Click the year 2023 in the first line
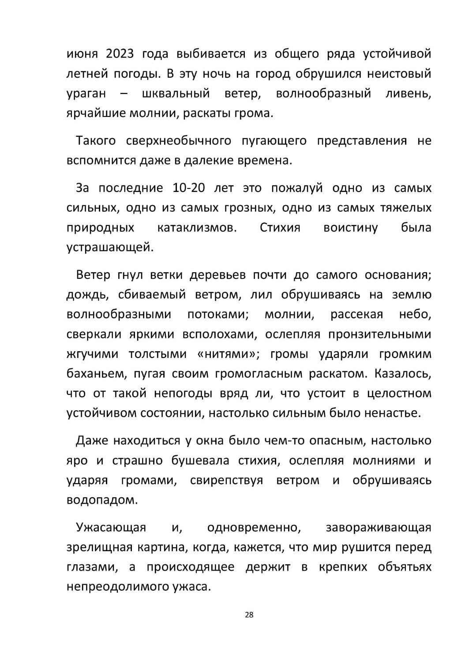120,54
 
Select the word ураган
86,94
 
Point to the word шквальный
176,94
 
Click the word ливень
408,94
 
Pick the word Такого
96,141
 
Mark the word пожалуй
296,188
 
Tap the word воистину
351,228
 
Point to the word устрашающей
110,248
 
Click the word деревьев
217,275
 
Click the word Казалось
403,374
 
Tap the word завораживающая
378,527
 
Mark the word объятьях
405,567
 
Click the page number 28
249,615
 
